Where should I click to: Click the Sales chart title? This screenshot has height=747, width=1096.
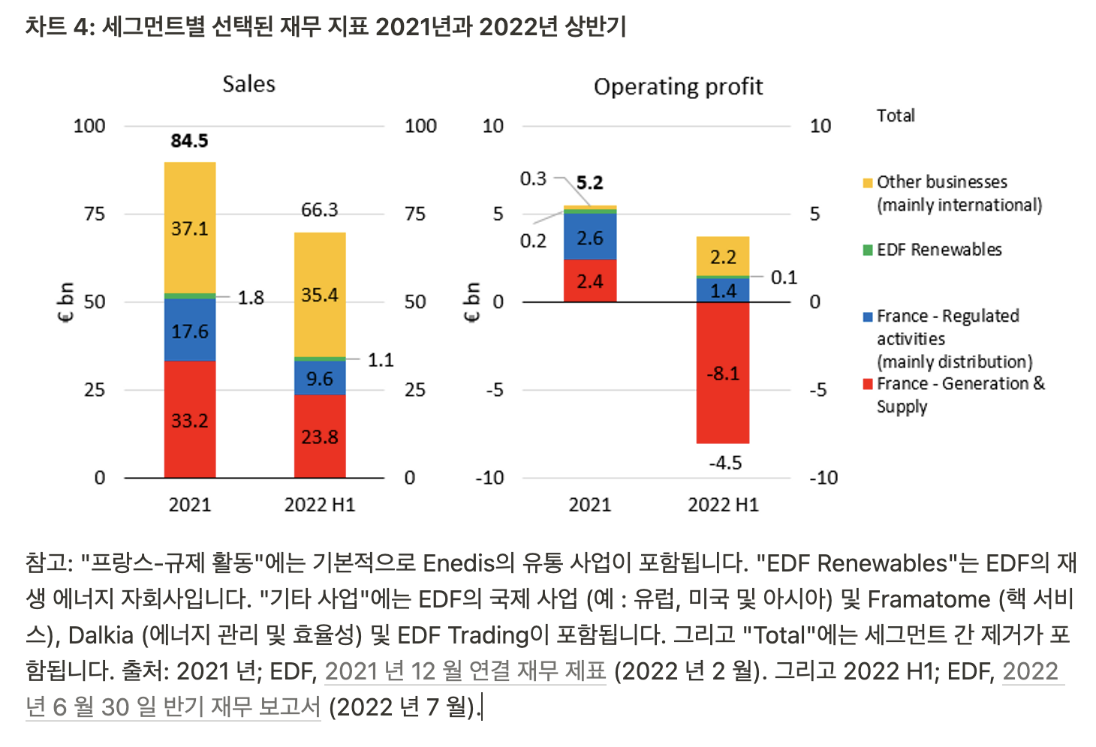pyautogui.click(x=248, y=84)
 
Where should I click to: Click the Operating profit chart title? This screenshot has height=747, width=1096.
pyautogui.click(x=678, y=87)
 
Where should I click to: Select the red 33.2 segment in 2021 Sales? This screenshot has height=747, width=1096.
pyautogui.click(x=190, y=420)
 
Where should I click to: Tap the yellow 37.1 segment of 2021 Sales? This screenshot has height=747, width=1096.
pyautogui.click(x=190, y=228)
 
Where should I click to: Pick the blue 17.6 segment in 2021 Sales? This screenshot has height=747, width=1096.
pyautogui.click(x=190, y=331)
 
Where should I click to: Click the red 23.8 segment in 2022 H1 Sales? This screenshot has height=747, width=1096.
pyautogui.click(x=320, y=436)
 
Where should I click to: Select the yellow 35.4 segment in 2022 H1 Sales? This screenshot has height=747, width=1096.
pyautogui.click(x=320, y=295)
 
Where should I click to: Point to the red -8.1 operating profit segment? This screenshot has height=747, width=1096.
pyautogui.click(x=723, y=373)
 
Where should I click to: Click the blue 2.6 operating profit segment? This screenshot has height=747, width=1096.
pyautogui.click(x=590, y=238)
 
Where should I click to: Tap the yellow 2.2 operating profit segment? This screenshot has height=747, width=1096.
pyautogui.click(x=723, y=257)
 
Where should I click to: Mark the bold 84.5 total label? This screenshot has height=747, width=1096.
pyautogui.click(x=189, y=141)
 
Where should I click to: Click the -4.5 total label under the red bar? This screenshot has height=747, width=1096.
pyautogui.click(x=725, y=463)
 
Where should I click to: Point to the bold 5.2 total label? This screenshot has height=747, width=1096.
pyautogui.click(x=590, y=183)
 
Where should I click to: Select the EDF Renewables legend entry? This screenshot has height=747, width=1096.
pyautogui.click(x=939, y=250)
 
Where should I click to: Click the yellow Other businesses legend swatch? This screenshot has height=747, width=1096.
pyautogui.click(x=868, y=183)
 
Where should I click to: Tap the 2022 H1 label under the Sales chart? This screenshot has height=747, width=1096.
pyautogui.click(x=320, y=505)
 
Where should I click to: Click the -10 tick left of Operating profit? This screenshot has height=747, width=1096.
pyautogui.click(x=489, y=478)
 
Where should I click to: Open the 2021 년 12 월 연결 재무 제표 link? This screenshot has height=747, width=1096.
pyautogui.click(x=465, y=670)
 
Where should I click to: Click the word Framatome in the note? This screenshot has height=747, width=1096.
pyautogui.click(x=929, y=599)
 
